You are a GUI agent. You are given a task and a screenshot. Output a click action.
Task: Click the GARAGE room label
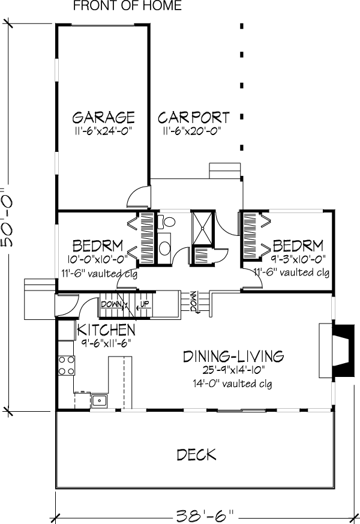(104, 117)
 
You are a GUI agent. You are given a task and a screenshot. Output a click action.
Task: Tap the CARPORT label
(194, 118)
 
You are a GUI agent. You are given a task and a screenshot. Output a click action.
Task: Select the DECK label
(196, 455)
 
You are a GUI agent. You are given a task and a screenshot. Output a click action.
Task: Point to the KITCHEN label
(106, 330)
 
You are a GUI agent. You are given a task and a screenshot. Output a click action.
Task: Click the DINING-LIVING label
(233, 357)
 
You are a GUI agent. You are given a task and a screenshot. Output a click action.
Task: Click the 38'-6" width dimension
(205, 516)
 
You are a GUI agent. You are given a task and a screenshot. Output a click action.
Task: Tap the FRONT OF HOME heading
(127, 5)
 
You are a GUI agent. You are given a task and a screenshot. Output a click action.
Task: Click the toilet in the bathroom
(167, 221)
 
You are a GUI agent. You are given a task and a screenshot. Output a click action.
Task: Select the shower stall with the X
(202, 228)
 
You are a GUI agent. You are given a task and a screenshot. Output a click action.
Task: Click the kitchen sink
(99, 400)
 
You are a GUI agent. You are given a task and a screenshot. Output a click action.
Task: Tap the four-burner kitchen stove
(67, 366)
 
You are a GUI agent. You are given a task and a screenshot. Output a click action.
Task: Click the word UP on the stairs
(145, 304)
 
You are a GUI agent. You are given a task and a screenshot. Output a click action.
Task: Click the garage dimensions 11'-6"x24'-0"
(104, 131)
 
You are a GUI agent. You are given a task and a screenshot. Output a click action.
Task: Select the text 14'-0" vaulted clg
(232, 384)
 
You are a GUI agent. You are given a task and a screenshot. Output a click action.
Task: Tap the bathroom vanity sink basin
(164, 248)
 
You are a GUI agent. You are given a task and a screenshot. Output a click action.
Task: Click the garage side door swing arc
(136, 196)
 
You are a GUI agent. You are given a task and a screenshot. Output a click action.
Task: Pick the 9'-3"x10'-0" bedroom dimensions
(298, 259)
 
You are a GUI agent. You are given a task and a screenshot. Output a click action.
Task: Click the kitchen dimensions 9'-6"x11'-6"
(106, 343)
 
